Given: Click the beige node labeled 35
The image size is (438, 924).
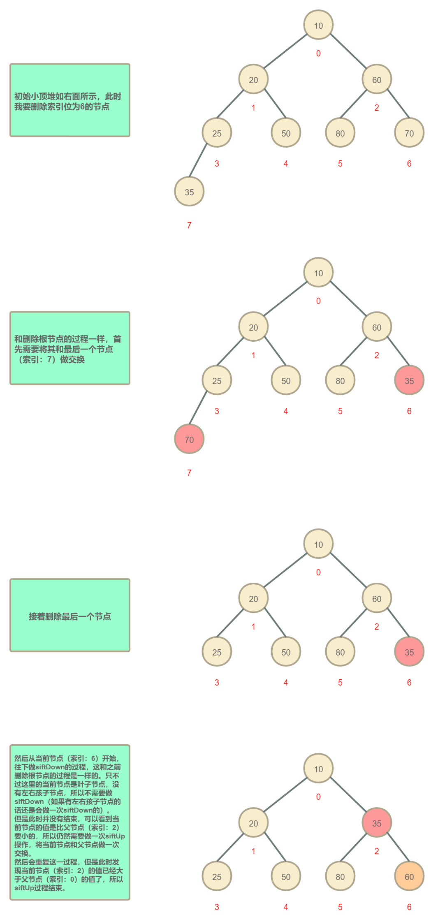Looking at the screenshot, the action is (189, 192).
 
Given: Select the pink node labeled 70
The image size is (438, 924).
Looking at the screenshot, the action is (189, 439).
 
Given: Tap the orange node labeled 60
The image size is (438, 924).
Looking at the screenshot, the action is (409, 876).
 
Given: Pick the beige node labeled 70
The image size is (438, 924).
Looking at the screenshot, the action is (409, 133).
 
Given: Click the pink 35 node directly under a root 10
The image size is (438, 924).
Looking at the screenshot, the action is (377, 823).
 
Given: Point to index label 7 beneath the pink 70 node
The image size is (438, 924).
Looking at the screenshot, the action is (189, 473).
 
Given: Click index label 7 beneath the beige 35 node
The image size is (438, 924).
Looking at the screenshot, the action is (189, 225).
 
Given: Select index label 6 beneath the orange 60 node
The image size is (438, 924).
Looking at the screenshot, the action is (409, 907).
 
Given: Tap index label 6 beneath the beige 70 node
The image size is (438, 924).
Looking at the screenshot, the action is (409, 164).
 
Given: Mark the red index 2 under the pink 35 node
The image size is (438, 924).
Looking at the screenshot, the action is (377, 851).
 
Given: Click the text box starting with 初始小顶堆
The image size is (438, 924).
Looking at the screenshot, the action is (70, 100).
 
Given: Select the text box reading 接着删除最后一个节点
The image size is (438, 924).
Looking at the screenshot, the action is (70, 615).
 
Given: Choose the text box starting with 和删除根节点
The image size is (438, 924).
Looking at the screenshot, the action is (70, 348).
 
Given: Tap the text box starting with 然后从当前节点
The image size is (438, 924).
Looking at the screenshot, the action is (70, 822).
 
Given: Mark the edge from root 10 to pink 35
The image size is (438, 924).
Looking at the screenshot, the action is (348, 794).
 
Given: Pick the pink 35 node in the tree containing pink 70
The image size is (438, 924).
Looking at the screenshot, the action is (409, 380).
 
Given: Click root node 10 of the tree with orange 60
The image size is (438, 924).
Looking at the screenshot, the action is (318, 769).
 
